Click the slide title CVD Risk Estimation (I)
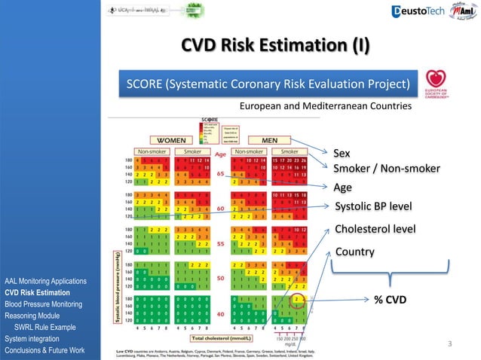(275, 46)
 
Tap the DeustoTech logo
(418, 11)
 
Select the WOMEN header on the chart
(173, 139)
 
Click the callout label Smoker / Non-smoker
(387, 168)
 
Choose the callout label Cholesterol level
(375, 228)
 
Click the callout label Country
(354, 251)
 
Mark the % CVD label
(390, 300)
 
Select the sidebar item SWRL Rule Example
(47, 328)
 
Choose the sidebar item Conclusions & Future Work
(47, 351)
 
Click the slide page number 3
(449, 344)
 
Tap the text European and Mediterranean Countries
(325, 107)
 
